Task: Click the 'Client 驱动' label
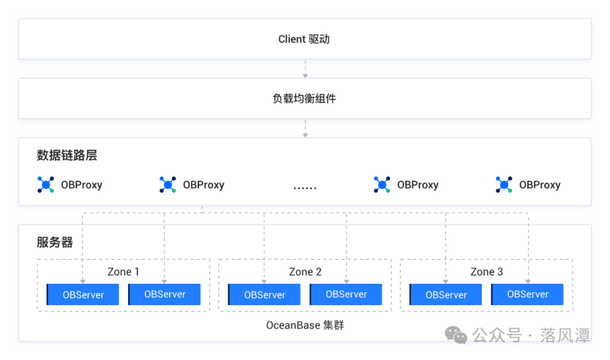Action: [304, 40]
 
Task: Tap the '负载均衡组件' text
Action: [304, 99]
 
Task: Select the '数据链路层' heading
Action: [67, 155]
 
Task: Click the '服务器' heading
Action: [55, 242]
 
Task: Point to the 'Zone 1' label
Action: [123, 272]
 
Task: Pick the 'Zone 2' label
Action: [305, 272]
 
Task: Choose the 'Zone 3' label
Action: [487, 272]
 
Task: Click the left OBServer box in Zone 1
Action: [83, 294]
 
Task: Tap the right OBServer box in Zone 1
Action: [164, 294]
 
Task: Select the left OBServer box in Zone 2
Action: [264, 294]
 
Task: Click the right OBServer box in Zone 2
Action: [346, 294]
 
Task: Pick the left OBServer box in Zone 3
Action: [446, 294]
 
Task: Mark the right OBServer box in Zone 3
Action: [528, 294]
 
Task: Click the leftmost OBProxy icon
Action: [46, 184]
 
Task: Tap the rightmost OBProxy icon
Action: [504, 184]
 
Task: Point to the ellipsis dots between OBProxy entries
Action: [304, 188]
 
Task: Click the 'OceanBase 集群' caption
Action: [305, 325]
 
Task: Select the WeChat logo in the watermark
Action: [456, 335]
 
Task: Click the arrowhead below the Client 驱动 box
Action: [306, 76]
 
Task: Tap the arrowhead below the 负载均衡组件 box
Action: [306, 135]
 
